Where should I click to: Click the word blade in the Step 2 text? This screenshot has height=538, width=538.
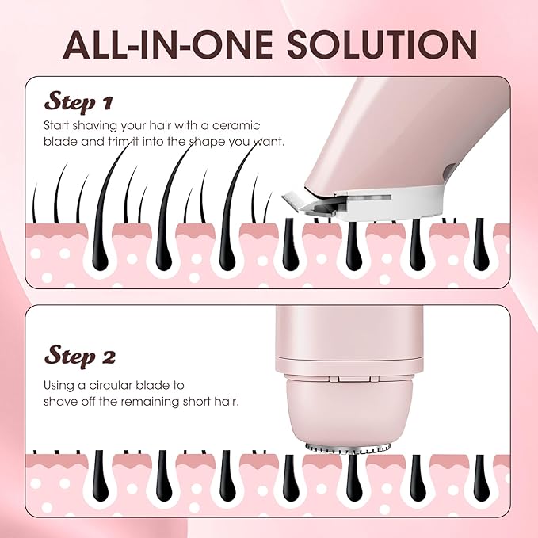point(165,385)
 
